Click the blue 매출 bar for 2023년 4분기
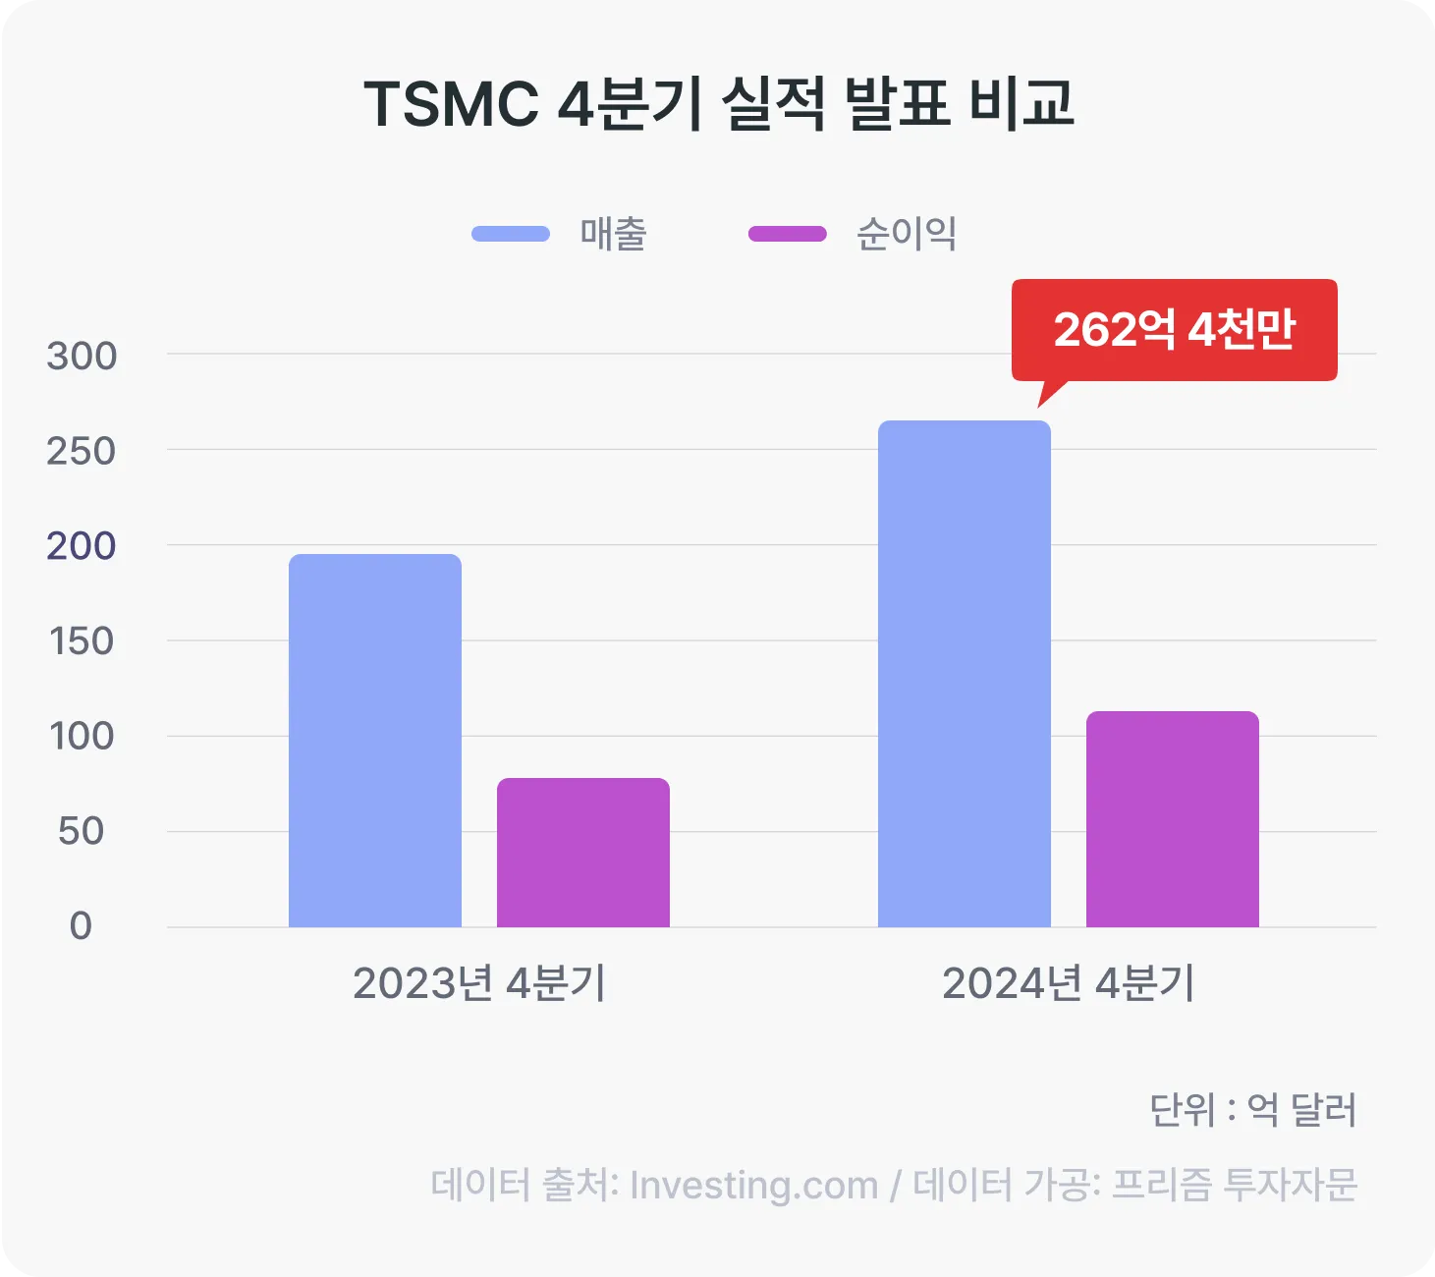pyautogui.click(x=374, y=740)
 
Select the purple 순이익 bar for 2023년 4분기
pyautogui.click(x=582, y=852)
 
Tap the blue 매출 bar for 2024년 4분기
pyautogui.click(x=964, y=674)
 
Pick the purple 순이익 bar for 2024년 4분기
pyautogui.click(x=1172, y=818)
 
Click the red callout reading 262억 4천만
pyautogui.click(x=1175, y=330)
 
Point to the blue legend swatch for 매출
pyautogui.click(x=511, y=234)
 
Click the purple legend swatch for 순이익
pyautogui.click(x=788, y=234)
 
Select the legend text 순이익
pyautogui.click(x=907, y=234)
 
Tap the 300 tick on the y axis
pyautogui.click(x=82, y=356)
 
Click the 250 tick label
pyautogui.click(x=82, y=451)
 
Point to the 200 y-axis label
pyautogui.click(x=82, y=546)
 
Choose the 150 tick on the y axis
pyautogui.click(x=82, y=641)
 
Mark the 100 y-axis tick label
pyautogui.click(x=82, y=737)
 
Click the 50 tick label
pyautogui.click(x=81, y=831)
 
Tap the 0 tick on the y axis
pyautogui.click(x=81, y=926)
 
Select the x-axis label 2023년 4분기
pyautogui.click(x=479, y=983)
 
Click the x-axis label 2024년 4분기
pyautogui.click(x=1068, y=983)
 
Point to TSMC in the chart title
pyautogui.click(x=451, y=104)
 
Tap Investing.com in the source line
pyautogui.click(x=753, y=1185)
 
